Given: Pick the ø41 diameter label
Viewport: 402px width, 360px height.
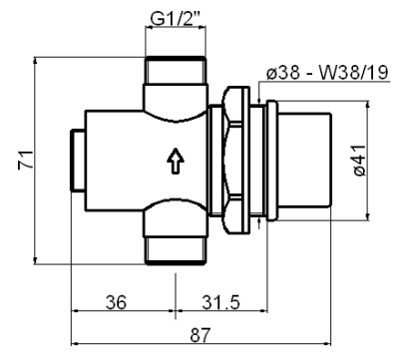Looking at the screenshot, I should coord(387,160).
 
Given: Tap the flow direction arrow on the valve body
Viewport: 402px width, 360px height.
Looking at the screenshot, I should coord(177,161).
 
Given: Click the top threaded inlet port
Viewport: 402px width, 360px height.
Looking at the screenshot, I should coord(176,75).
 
